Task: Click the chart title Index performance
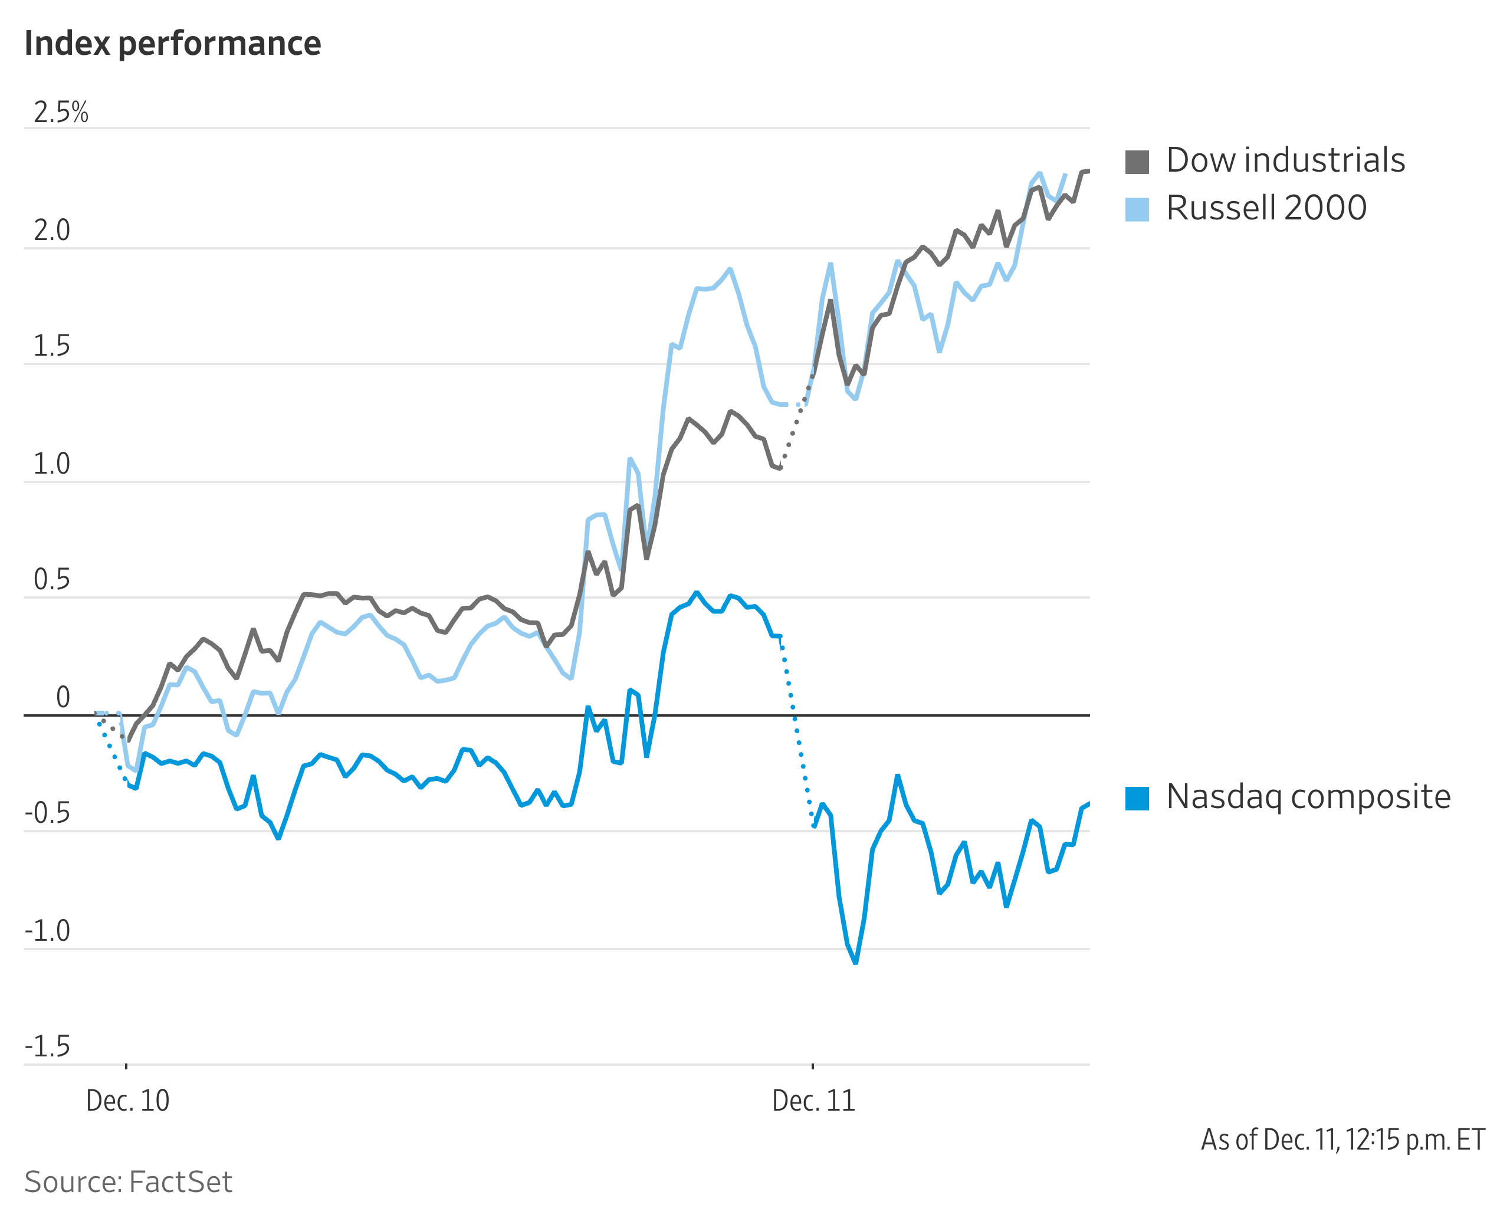pyautogui.click(x=173, y=44)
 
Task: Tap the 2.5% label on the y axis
pyautogui.click(x=61, y=112)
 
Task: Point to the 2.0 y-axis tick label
pyautogui.click(x=52, y=230)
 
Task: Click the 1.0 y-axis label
pyautogui.click(x=52, y=464)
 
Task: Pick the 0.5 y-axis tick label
pyautogui.click(x=52, y=580)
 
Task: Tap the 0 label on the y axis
pyautogui.click(x=63, y=697)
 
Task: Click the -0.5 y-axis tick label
pyautogui.click(x=48, y=813)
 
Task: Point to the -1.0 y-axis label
pyautogui.click(x=48, y=931)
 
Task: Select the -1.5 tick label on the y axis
pyautogui.click(x=48, y=1047)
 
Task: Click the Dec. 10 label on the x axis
pyautogui.click(x=128, y=1101)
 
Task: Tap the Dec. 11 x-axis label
pyautogui.click(x=814, y=1101)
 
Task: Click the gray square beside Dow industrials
pyautogui.click(x=1137, y=162)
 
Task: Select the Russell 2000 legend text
pyautogui.click(x=1266, y=208)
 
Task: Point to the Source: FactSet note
pyautogui.click(x=129, y=1182)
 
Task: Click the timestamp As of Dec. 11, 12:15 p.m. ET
pyautogui.click(x=1343, y=1140)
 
